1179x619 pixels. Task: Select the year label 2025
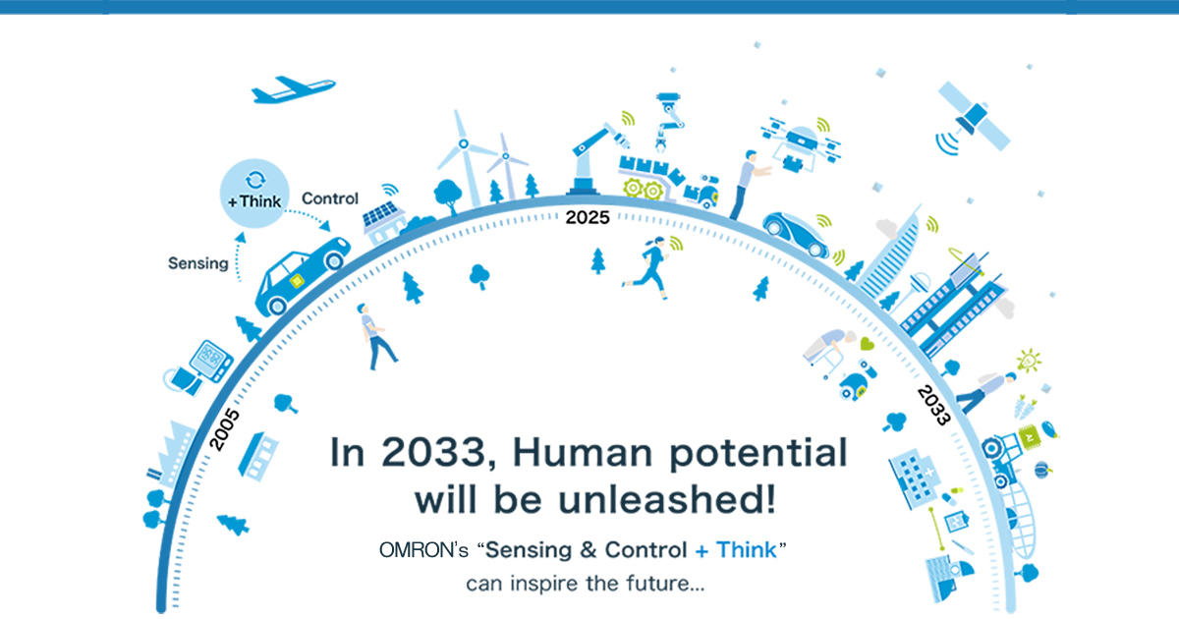tap(587, 217)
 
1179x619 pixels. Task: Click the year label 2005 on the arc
tap(224, 428)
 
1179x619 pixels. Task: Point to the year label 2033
tap(932, 405)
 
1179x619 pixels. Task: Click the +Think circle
tap(253, 195)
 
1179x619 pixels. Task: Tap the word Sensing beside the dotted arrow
tap(197, 263)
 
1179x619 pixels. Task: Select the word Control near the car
tap(329, 198)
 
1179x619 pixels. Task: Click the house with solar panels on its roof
tap(382, 222)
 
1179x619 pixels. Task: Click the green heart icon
tap(866, 345)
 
